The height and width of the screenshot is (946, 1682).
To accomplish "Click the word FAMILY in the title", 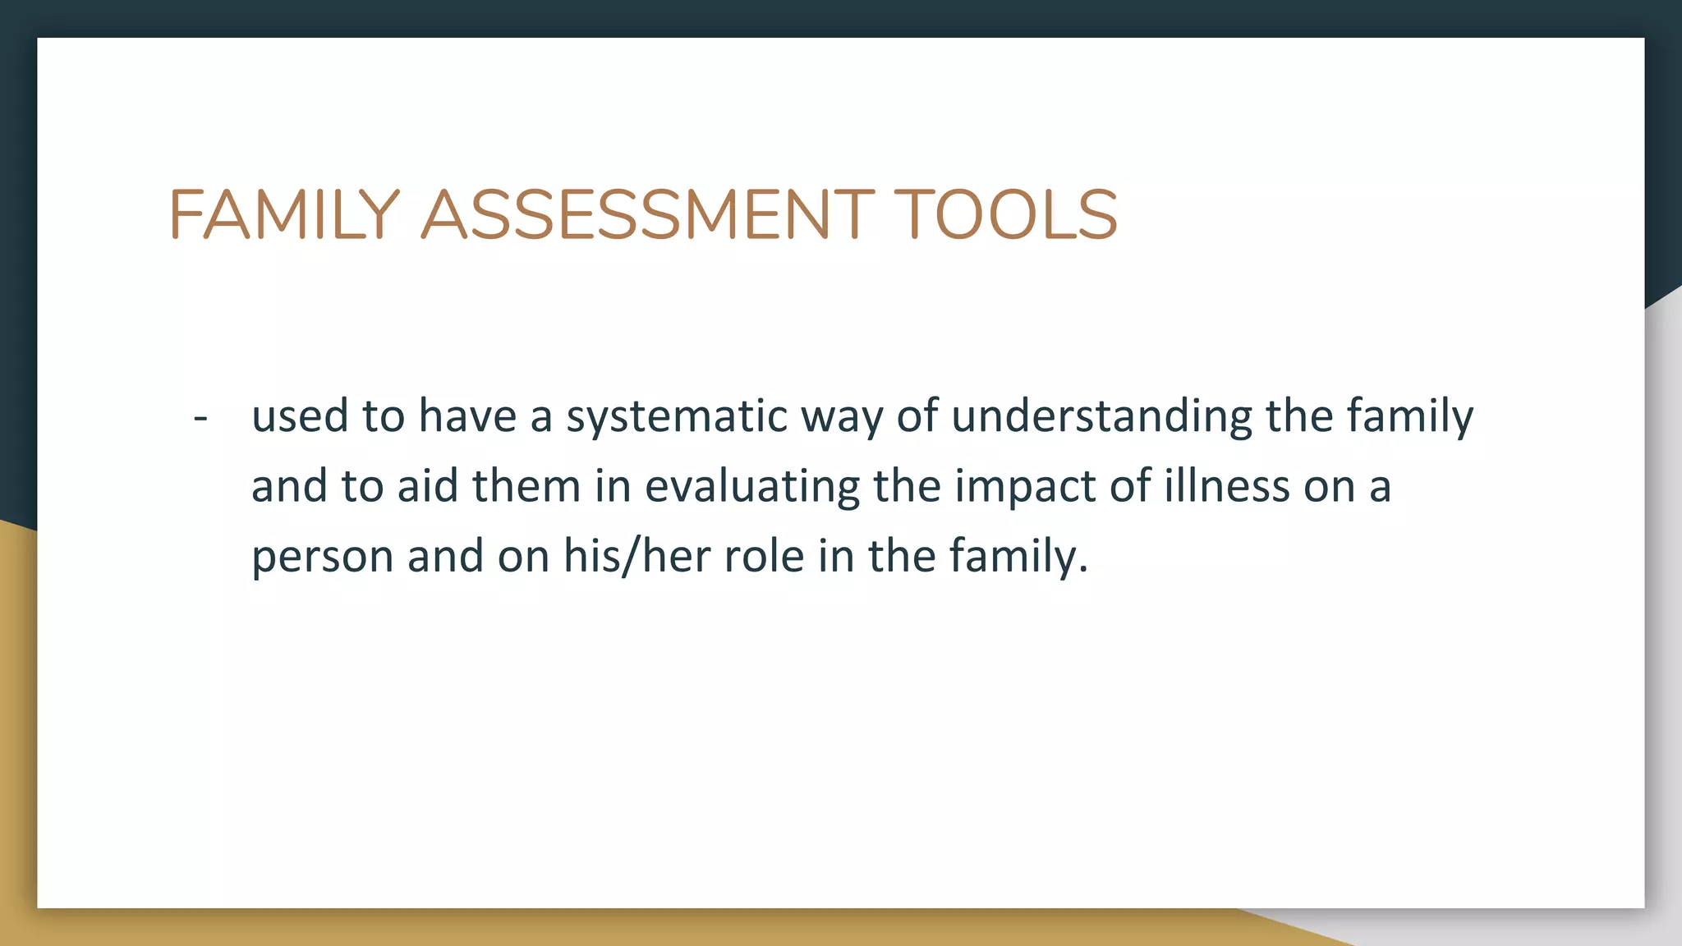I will click(x=284, y=215).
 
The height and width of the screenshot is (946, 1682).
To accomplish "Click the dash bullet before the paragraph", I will click(x=200, y=418).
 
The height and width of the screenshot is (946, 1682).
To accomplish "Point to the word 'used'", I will click(x=300, y=416).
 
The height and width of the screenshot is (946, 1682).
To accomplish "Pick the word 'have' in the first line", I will click(x=467, y=416).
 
